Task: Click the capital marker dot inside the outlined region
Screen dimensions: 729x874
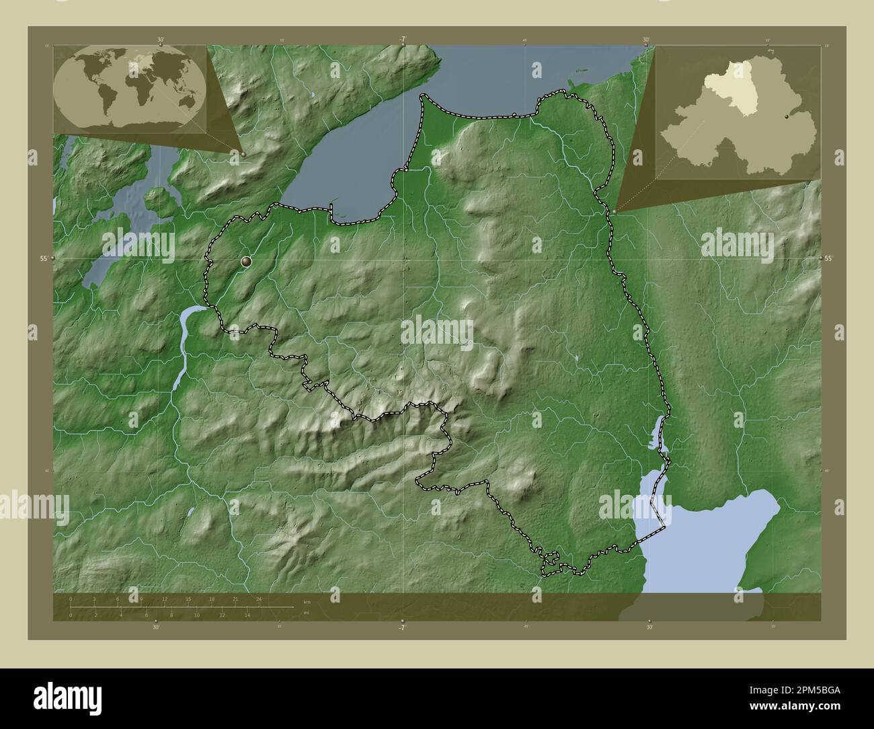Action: tap(247, 261)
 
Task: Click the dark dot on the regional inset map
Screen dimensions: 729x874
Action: tap(787, 116)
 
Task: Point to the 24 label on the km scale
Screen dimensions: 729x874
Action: tap(259, 599)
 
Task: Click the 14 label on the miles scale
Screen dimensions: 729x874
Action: tap(247, 615)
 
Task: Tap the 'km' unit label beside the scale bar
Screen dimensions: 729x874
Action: tap(307, 601)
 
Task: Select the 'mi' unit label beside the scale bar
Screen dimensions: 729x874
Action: tap(306, 613)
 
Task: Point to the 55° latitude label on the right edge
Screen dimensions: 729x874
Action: tap(829, 258)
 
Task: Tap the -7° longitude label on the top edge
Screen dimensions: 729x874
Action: tap(402, 39)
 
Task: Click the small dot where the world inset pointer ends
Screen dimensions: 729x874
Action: tap(243, 154)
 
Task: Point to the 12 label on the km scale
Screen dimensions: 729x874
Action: tap(165, 599)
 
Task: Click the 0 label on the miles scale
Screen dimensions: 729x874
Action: tap(71, 615)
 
